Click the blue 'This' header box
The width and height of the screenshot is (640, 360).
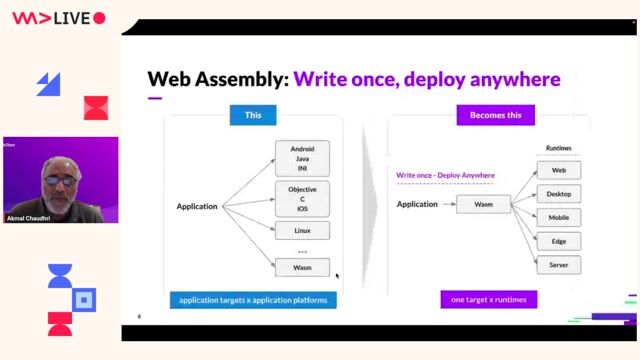pyautogui.click(x=253, y=115)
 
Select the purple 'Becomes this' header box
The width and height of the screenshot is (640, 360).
pyautogui.click(x=502, y=115)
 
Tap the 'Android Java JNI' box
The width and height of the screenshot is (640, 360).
pyautogui.click(x=302, y=158)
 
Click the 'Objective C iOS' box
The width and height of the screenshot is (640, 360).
pyautogui.click(x=302, y=197)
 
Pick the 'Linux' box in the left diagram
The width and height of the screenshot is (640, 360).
pyautogui.click(x=302, y=231)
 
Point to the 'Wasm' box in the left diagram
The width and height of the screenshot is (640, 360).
pyautogui.click(x=302, y=267)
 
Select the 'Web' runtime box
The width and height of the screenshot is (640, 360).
pyautogui.click(x=559, y=170)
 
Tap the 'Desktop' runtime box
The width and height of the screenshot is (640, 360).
pyautogui.click(x=559, y=194)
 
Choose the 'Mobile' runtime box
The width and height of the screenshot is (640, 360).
pyautogui.click(x=559, y=217)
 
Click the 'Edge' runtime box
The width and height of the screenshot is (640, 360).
pyautogui.click(x=559, y=241)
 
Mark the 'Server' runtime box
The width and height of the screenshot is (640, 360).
pyautogui.click(x=559, y=265)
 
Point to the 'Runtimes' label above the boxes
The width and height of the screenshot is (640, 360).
pyautogui.click(x=559, y=148)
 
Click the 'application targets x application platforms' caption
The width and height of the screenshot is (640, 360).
pyautogui.click(x=253, y=300)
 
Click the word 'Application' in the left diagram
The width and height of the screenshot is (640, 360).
pyautogui.click(x=197, y=207)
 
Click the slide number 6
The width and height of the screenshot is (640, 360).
pyautogui.click(x=139, y=317)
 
